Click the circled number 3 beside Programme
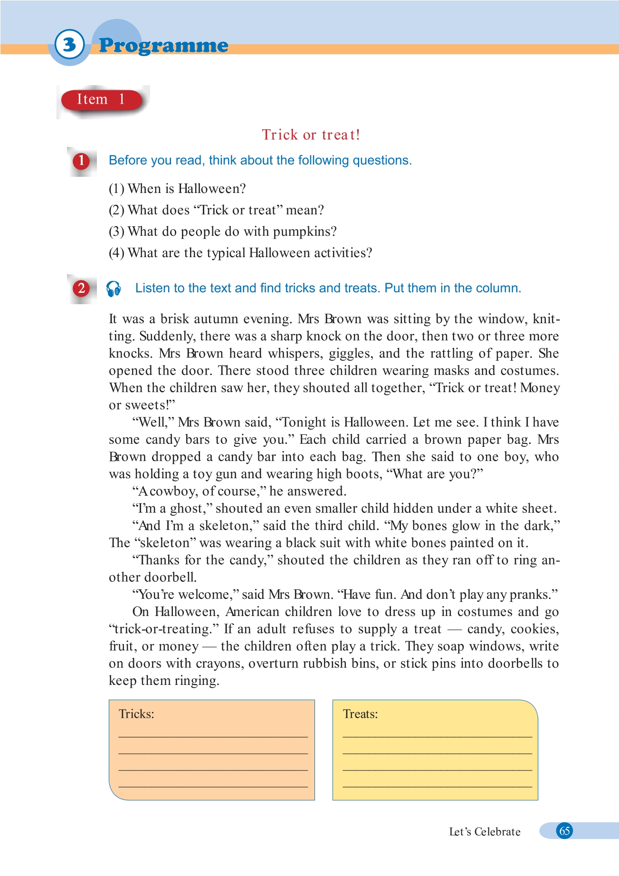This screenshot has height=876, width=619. pyautogui.click(x=69, y=45)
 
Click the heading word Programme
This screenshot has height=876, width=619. pyautogui.click(x=163, y=46)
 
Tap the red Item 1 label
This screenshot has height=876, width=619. pyautogui.click(x=101, y=100)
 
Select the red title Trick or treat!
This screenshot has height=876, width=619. pyautogui.click(x=311, y=135)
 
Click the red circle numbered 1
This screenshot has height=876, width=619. pyautogui.click(x=81, y=161)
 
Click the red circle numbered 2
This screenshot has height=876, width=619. pyautogui.click(x=81, y=289)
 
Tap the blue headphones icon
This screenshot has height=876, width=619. pyautogui.click(x=114, y=289)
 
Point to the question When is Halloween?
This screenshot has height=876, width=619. pyautogui.click(x=177, y=189)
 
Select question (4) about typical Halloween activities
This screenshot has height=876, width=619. pyautogui.click(x=240, y=253)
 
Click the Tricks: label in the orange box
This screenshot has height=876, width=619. pyautogui.click(x=136, y=714)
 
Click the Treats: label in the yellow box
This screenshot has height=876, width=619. pyautogui.click(x=360, y=714)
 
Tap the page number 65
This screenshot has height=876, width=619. pyautogui.click(x=564, y=831)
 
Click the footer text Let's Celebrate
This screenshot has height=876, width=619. pyautogui.click(x=485, y=832)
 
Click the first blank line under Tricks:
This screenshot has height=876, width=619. pyautogui.click(x=213, y=735)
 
